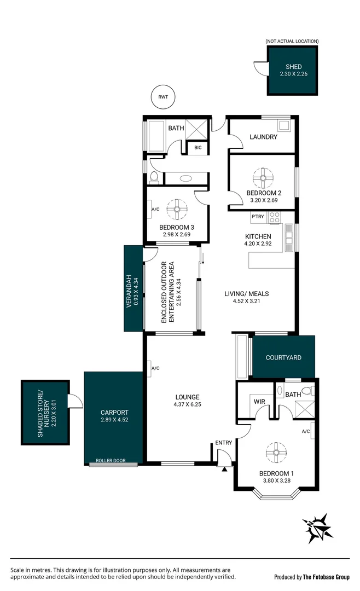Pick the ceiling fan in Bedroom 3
(177, 208)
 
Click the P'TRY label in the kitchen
(258, 217)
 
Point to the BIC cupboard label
(198, 147)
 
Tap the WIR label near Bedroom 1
(259, 401)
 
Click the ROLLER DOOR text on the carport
(111, 461)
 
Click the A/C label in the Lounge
(155, 368)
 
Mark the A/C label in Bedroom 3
(155, 209)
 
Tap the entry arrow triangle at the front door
(224, 469)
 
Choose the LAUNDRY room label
(263, 137)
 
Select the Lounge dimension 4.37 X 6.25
(187, 405)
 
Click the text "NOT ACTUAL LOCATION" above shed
(292, 41)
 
